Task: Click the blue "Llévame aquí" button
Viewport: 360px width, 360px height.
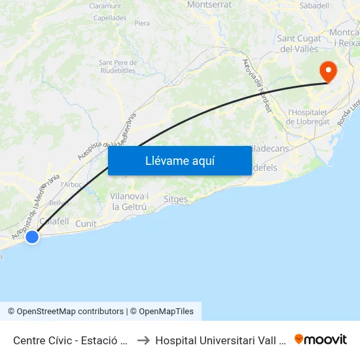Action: point(179,160)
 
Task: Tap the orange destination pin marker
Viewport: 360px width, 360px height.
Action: point(327,72)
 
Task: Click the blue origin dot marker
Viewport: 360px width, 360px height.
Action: point(31,238)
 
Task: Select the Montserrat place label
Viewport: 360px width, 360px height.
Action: point(209,5)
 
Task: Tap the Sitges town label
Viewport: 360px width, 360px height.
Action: point(175,199)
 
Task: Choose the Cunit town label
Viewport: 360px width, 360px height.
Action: point(86,224)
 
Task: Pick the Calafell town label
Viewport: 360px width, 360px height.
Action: point(54,222)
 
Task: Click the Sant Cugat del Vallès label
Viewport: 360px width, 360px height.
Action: point(299,44)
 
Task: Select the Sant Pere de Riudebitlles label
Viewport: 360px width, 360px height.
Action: point(117,67)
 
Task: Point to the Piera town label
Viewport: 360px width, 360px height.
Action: point(142,24)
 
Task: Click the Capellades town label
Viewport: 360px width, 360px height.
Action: point(110,18)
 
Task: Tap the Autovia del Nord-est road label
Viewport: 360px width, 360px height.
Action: point(257,86)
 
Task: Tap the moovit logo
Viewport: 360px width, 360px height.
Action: point(321,339)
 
